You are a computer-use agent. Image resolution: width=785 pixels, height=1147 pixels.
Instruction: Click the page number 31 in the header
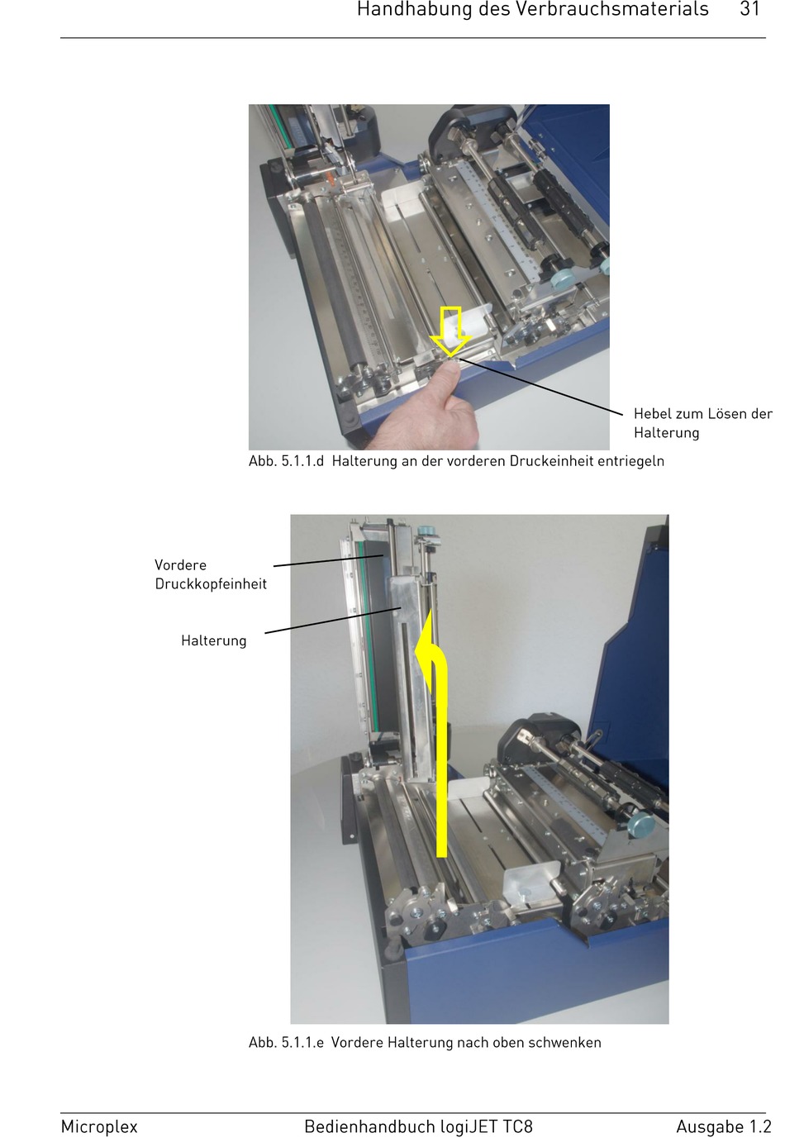click(749, 9)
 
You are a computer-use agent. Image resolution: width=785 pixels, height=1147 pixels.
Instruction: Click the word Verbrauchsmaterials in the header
click(611, 9)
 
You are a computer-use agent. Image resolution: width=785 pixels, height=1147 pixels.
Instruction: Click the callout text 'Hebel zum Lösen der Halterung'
click(702, 423)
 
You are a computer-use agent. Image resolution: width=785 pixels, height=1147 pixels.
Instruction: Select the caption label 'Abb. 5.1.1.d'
click(286, 461)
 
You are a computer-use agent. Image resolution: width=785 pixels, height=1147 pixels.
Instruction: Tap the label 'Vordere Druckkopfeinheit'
click(211, 574)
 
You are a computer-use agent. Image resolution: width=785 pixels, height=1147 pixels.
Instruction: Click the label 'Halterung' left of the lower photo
click(213, 640)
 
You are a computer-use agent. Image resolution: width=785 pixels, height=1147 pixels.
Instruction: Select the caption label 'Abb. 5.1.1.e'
click(286, 1043)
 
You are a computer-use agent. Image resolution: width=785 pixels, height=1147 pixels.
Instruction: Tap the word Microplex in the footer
click(99, 1126)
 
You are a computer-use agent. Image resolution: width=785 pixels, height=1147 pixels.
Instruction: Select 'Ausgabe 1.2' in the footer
click(723, 1126)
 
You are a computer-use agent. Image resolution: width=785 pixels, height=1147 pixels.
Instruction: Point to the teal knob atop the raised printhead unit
click(425, 531)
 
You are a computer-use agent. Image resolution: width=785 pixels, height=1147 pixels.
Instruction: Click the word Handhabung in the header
click(415, 9)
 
